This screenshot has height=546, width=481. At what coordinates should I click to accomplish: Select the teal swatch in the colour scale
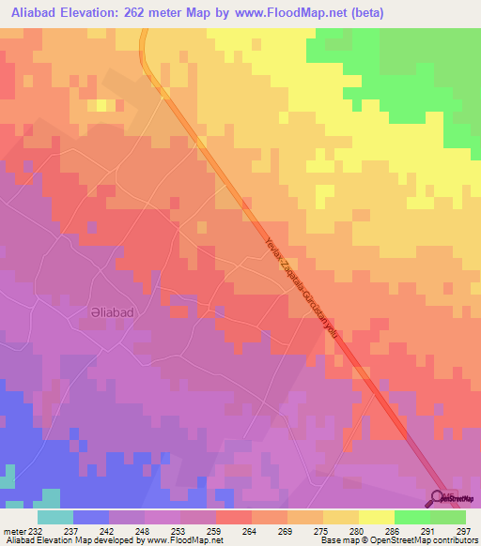[x=55, y=517]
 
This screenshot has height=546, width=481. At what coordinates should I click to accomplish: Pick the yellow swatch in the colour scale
[x=376, y=517]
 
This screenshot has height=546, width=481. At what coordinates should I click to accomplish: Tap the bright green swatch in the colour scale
[x=411, y=517]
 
